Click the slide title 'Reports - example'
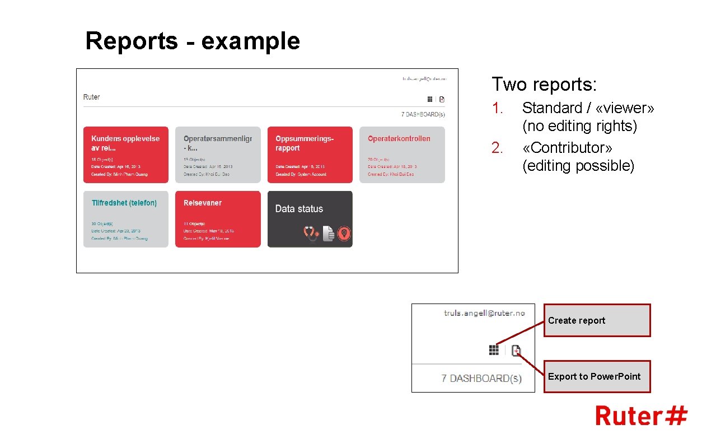(x=193, y=41)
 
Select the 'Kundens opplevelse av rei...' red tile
(x=125, y=155)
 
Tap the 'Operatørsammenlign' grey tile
(x=218, y=155)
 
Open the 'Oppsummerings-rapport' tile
(x=310, y=155)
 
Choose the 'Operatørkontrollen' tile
(x=402, y=155)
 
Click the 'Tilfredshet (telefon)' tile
(x=125, y=219)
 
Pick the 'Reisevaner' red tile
(x=218, y=219)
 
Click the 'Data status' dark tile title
(x=299, y=209)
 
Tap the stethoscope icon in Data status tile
(x=311, y=234)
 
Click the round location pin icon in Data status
(x=344, y=234)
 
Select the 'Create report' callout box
(x=597, y=320)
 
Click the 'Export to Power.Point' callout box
(x=597, y=376)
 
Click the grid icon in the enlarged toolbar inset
(x=494, y=350)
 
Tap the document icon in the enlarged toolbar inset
(x=516, y=351)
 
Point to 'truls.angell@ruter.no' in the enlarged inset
(x=484, y=313)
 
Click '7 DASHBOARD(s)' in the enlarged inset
(x=481, y=379)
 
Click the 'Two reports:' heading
(x=544, y=85)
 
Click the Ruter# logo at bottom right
(x=641, y=416)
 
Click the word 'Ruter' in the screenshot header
(x=91, y=97)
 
